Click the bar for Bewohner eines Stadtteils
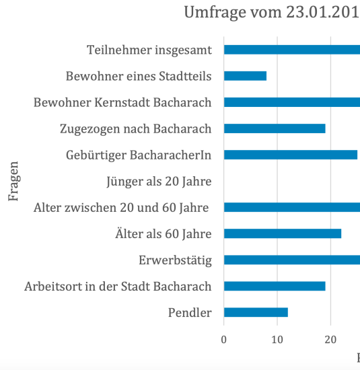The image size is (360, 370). (x=245, y=76)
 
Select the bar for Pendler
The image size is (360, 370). (x=256, y=312)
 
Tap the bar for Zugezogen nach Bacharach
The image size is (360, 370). (x=275, y=128)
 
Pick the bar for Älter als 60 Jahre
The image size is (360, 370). (x=283, y=233)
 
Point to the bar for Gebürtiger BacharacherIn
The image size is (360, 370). (x=291, y=155)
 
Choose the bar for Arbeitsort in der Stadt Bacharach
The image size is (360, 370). (x=275, y=286)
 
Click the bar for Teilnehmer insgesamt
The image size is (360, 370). (x=292, y=50)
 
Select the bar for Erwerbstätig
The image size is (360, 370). (x=292, y=260)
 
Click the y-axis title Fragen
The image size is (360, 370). (x=13, y=181)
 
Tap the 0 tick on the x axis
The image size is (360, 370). (x=224, y=340)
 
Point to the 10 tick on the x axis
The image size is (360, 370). (x=277, y=340)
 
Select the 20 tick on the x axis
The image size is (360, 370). (x=330, y=340)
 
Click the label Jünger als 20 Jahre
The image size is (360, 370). (x=159, y=182)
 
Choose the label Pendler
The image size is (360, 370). (x=190, y=313)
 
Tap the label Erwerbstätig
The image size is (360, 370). (x=175, y=260)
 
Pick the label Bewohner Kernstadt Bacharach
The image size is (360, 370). (x=122, y=102)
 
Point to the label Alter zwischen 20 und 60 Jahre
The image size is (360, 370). (x=122, y=208)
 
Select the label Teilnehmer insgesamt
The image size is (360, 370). (x=149, y=50)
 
